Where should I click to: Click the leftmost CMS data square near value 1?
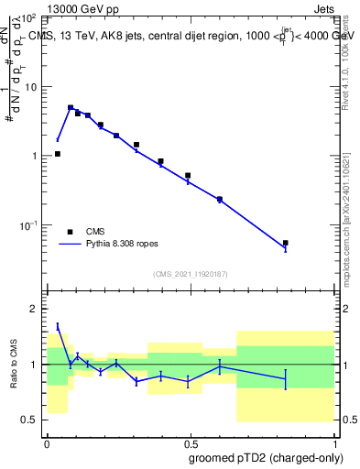click(58, 154)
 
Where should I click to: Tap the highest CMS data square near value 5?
click(71, 108)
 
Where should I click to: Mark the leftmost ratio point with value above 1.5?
click(58, 325)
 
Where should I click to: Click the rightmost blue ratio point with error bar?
click(286, 378)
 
